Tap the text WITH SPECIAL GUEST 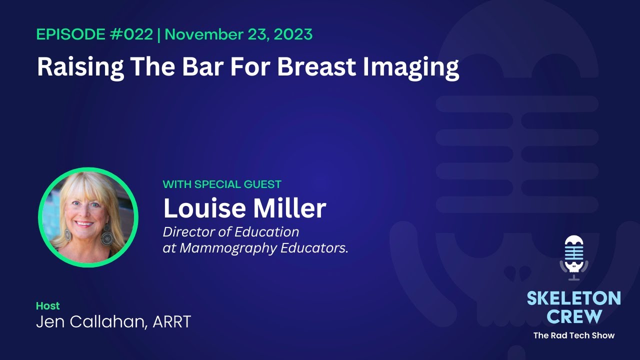click(222, 184)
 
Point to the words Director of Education click(231, 232)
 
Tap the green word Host click(47, 305)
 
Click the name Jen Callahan click(90, 322)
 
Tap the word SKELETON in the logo click(573, 299)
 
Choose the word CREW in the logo click(573, 316)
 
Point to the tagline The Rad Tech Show click(573, 335)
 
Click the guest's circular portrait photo click(88, 217)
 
